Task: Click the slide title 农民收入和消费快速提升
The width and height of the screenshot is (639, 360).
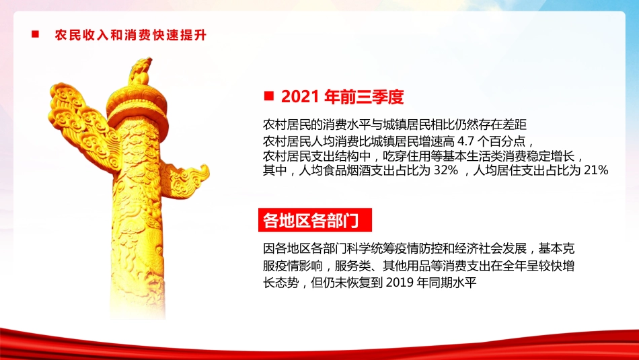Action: (x=130, y=35)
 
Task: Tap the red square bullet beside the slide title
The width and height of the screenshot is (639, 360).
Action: (x=35, y=34)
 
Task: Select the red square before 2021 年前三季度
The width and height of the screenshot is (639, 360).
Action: (x=268, y=96)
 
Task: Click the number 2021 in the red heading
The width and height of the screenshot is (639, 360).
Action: (x=299, y=97)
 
